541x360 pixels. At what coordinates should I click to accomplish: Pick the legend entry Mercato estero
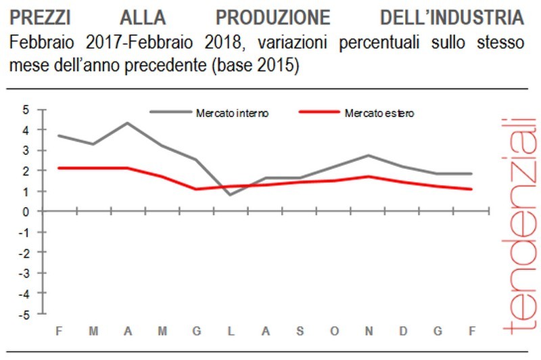click(x=379, y=113)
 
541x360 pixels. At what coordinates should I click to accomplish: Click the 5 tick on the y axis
click(x=26, y=109)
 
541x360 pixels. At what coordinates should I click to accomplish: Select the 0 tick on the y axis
click(x=26, y=212)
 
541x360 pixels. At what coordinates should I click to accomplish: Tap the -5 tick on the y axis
click(x=24, y=315)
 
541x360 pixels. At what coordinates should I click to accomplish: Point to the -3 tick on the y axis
click(x=24, y=273)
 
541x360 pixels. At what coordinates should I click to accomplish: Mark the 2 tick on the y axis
click(x=26, y=171)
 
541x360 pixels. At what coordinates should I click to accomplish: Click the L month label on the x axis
click(x=231, y=331)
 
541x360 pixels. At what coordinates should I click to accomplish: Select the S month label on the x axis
click(x=300, y=331)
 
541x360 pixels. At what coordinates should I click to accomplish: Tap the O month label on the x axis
click(x=333, y=331)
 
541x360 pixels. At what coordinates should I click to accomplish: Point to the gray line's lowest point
click(x=231, y=195)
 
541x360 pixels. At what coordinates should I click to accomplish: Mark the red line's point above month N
click(x=368, y=177)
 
